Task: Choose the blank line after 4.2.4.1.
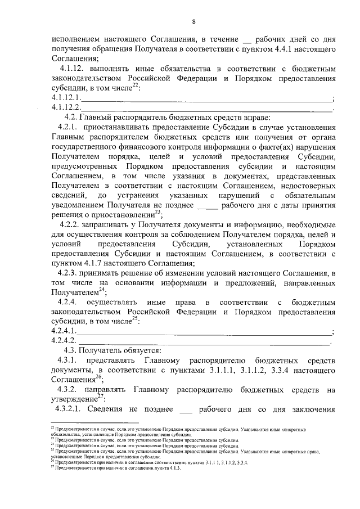205,332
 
